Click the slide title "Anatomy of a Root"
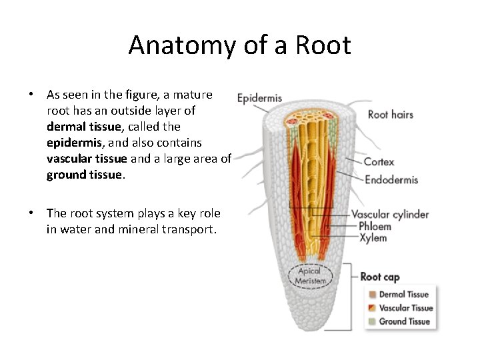pyautogui.click(x=239, y=45)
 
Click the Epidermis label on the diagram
pyautogui.click(x=259, y=99)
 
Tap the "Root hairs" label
pyautogui.click(x=390, y=115)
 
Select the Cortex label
pyautogui.click(x=379, y=161)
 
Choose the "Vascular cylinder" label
pyautogui.click(x=390, y=215)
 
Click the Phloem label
pyautogui.click(x=375, y=227)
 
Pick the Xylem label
pyautogui.click(x=373, y=238)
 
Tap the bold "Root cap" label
pyautogui.click(x=380, y=277)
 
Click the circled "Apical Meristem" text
pyautogui.click(x=310, y=276)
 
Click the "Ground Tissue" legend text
pyautogui.click(x=405, y=321)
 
